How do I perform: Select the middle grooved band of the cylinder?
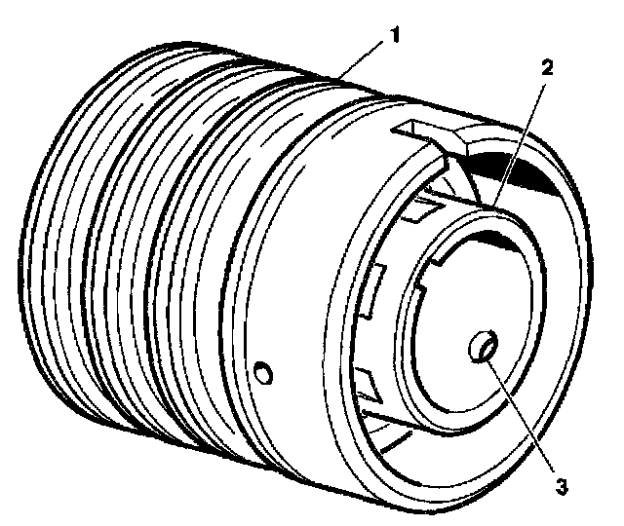point(136,244)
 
